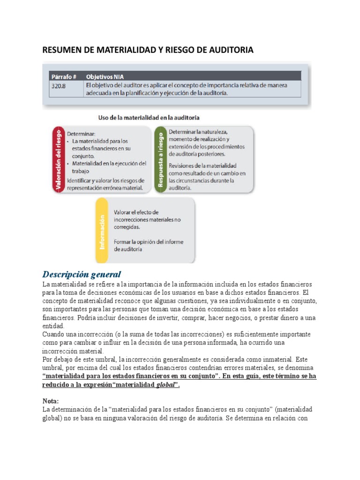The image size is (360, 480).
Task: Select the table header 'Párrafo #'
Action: click(64, 76)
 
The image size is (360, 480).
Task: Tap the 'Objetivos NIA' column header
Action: click(105, 76)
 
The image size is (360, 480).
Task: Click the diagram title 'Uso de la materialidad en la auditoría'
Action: click(148, 118)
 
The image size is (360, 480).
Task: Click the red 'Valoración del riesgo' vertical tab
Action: click(59, 159)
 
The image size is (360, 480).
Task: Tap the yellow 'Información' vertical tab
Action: click(102, 230)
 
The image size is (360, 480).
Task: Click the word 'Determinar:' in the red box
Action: click(81, 134)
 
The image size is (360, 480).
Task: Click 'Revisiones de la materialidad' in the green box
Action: click(202, 166)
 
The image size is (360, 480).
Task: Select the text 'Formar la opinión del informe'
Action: click(149, 242)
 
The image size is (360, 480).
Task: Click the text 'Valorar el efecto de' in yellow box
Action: click(136, 212)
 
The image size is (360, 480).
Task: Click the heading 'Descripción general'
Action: click(82, 274)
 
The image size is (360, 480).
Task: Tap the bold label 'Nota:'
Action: click(51, 401)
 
